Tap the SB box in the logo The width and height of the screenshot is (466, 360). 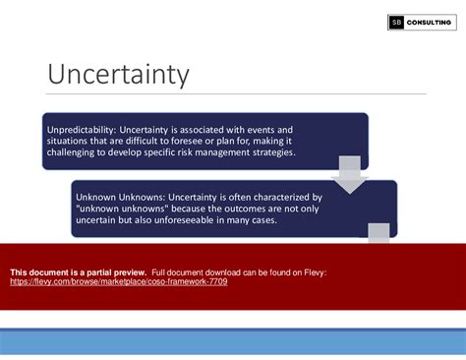[397, 23]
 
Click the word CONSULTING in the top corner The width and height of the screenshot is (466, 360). [430, 23]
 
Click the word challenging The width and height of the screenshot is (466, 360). [77, 153]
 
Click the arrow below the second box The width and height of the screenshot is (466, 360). [379, 233]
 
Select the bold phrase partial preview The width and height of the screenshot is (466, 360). [115, 270]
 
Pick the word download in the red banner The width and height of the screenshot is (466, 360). [214, 270]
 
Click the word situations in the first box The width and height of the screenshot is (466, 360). [69, 142]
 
